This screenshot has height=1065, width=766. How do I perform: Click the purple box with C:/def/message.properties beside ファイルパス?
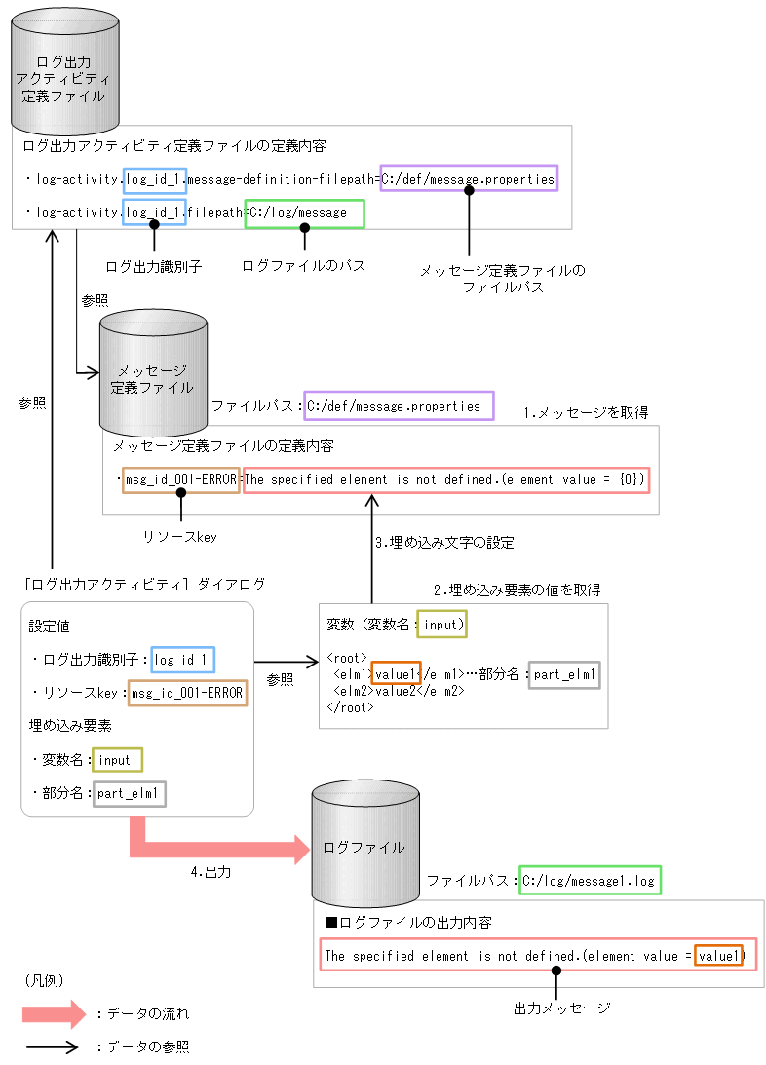point(399,406)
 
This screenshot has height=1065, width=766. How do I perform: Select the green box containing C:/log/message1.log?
point(590,881)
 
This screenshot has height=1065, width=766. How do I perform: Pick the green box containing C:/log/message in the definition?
point(304,212)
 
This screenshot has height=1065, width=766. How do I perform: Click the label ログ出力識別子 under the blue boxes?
point(153,266)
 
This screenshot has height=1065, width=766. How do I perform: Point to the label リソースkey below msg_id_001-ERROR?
point(179,536)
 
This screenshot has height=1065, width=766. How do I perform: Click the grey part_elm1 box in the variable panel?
point(565,674)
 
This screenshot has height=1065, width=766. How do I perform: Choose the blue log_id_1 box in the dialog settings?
point(182,660)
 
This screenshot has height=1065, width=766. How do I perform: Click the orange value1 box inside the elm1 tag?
point(397,674)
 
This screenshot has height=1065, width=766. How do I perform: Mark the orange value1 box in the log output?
point(718,957)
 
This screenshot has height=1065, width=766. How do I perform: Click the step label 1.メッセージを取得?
point(586,412)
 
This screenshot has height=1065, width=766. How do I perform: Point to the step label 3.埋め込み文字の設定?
point(444,542)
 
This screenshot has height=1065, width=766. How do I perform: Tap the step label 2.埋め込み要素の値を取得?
point(517,590)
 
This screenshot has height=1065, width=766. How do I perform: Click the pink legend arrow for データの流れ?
point(55,1013)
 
